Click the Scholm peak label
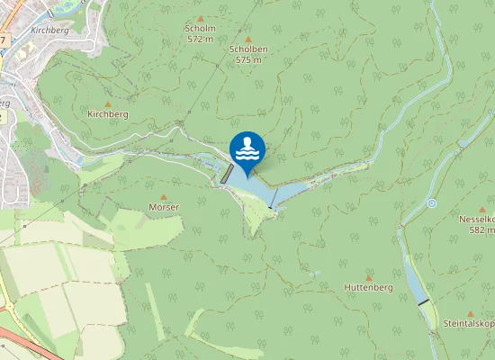[x=200, y=29]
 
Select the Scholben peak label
[x=247, y=49]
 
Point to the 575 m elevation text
[x=247, y=59]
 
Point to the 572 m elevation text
[x=200, y=40]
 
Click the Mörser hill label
[x=164, y=207]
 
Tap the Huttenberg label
[x=367, y=287]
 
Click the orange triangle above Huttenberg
[x=368, y=277]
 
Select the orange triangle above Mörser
[x=164, y=197]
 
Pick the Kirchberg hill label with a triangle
[x=108, y=114]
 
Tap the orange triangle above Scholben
[x=248, y=39]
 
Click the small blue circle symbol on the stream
[x=432, y=203]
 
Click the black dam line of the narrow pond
[x=423, y=302]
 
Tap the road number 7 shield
[x=4, y=40]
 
